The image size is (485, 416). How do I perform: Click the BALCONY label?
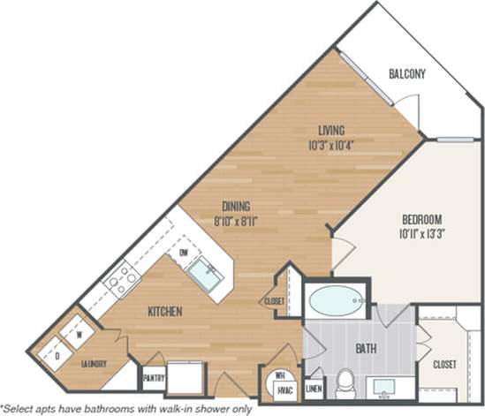pyautogui.click(x=407, y=74)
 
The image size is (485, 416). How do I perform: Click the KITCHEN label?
pyautogui.click(x=164, y=312)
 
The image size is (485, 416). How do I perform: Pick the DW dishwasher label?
pyautogui.click(x=185, y=254)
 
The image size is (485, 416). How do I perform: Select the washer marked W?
pyautogui.click(x=78, y=335)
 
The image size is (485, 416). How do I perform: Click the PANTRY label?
pyautogui.click(x=153, y=376)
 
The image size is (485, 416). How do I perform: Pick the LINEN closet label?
pyautogui.click(x=314, y=387)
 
